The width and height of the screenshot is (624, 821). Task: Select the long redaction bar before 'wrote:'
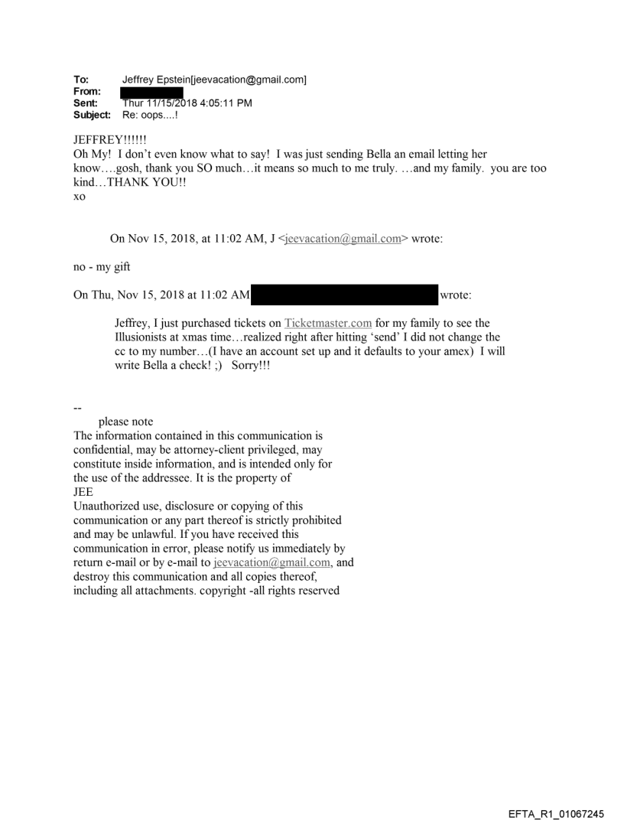[x=343, y=295]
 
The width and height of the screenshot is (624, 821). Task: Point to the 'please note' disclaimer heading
[x=125, y=422]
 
